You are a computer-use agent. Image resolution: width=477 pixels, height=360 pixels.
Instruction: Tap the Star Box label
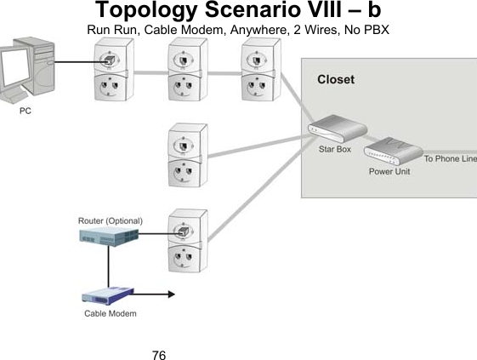tap(334, 149)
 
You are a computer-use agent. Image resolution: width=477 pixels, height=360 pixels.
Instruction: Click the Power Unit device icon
tap(393, 151)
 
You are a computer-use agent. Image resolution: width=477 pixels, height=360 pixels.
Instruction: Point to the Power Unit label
tap(389, 171)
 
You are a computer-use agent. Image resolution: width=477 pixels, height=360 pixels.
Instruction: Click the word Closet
tap(336, 79)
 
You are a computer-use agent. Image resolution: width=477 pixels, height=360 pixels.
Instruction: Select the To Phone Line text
tap(450, 159)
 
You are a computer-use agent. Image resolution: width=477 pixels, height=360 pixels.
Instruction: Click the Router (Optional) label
tap(111, 220)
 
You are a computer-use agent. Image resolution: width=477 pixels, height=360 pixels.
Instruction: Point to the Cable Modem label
tap(111, 314)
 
